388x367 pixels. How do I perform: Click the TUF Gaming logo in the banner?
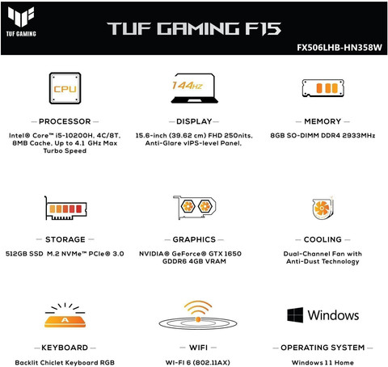tap(21, 21)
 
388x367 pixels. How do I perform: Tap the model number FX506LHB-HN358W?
tap(339, 48)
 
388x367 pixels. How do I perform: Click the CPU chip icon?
tap(65, 88)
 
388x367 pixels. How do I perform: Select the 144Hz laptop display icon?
tap(194, 88)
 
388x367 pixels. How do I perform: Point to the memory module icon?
tap(323, 88)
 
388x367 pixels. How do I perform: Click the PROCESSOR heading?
tap(65, 121)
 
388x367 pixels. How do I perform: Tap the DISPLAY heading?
tap(194, 121)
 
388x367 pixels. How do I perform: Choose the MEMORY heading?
tap(323, 121)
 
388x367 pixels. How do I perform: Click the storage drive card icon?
tap(65, 208)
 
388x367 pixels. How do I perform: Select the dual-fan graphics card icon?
tap(194, 207)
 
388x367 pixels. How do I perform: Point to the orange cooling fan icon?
tap(323, 208)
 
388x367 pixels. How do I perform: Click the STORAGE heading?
tap(65, 239)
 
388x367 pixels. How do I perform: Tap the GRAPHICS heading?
tap(194, 239)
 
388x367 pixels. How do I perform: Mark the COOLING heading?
tap(323, 239)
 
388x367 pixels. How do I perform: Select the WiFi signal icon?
tap(198, 316)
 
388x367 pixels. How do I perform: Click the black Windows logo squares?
tap(295, 314)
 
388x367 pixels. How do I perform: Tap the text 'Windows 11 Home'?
tap(323, 363)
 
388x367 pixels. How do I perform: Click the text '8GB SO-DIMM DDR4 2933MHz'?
tap(323, 136)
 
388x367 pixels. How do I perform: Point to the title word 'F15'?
tap(263, 28)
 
